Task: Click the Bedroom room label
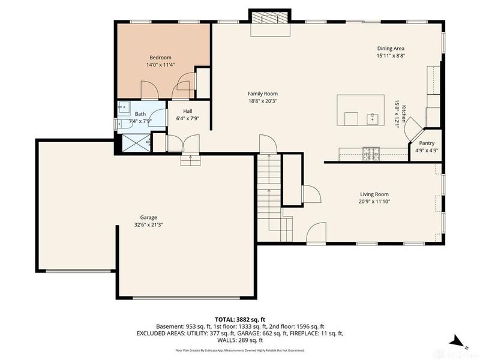point(160,57)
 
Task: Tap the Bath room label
point(140,114)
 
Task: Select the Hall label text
point(187,111)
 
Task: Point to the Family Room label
point(263,94)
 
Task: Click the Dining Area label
point(391,49)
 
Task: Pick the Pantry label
point(427,143)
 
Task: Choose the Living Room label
point(374,194)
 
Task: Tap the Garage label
point(149,217)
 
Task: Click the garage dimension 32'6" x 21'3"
point(149,225)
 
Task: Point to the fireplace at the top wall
point(269,18)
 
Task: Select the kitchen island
point(361,110)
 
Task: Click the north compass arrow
point(457,339)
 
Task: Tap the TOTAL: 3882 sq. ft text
point(240,320)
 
